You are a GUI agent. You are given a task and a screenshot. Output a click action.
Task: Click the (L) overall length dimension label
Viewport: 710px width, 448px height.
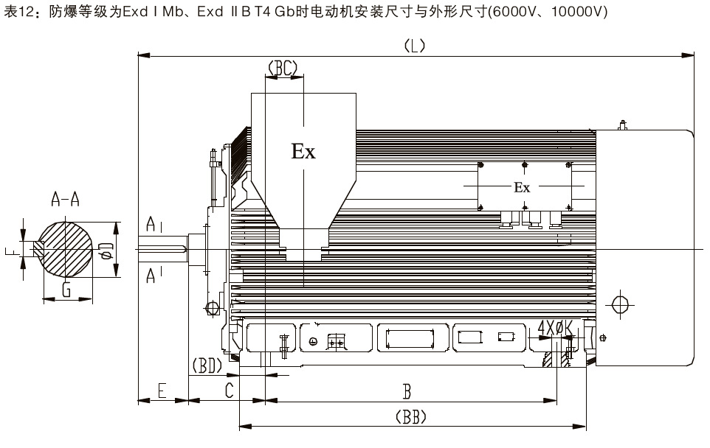click(x=414, y=46)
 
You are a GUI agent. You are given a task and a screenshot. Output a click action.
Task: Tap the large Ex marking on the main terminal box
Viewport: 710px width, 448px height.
click(x=303, y=152)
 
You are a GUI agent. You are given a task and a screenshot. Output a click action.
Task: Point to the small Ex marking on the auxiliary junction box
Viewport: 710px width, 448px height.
click(x=522, y=187)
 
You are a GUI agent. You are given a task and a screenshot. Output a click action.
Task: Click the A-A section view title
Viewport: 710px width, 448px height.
click(x=66, y=198)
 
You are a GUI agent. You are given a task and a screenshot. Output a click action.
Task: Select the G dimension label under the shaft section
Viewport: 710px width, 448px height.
click(x=66, y=289)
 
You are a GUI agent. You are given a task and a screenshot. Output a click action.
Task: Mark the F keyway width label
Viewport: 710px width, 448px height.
click(x=10, y=252)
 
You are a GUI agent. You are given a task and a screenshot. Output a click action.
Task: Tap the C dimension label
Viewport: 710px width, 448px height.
click(x=229, y=390)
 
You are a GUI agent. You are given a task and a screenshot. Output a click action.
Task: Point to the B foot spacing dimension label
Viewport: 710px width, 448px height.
click(x=405, y=390)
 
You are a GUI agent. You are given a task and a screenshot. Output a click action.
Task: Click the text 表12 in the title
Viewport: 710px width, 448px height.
click(x=18, y=13)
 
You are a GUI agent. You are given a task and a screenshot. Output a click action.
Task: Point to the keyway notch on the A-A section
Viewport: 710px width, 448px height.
click(x=38, y=251)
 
